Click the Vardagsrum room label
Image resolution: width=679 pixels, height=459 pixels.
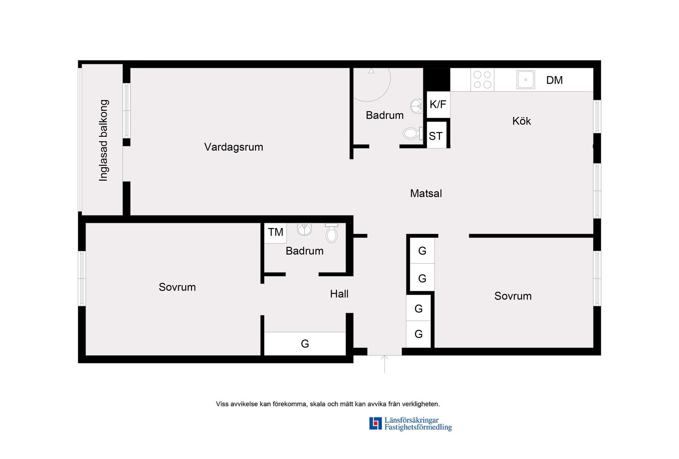coord(233,147)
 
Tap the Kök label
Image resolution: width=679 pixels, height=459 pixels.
coord(522,121)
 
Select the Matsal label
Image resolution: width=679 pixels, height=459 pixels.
coord(426,193)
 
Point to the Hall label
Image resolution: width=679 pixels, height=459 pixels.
coord(339,294)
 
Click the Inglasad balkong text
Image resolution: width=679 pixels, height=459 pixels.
coord(103,140)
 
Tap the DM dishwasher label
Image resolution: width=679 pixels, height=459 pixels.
coord(554,80)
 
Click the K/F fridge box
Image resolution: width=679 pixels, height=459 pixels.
coord(438,104)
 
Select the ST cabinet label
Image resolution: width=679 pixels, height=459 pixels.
coord(436,136)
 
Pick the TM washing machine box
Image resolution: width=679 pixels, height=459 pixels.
coord(275,233)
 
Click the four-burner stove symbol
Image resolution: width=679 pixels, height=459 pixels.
coord(482,80)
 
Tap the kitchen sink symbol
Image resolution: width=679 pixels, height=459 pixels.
coord(526,80)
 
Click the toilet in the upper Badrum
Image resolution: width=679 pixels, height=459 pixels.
coord(413,133)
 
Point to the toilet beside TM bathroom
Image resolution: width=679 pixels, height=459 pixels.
coord(332,233)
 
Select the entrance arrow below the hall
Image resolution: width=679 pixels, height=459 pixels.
coord(384,364)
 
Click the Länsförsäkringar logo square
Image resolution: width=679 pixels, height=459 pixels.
coord(375,423)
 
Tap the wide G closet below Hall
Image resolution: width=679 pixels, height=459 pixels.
coord(305,343)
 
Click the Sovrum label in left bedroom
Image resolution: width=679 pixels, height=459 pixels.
coord(177,287)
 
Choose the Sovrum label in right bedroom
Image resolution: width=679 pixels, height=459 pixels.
coord(513,296)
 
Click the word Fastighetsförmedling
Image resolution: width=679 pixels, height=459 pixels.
coord(418,427)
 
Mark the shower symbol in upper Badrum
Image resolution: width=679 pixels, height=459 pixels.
coord(371,85)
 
